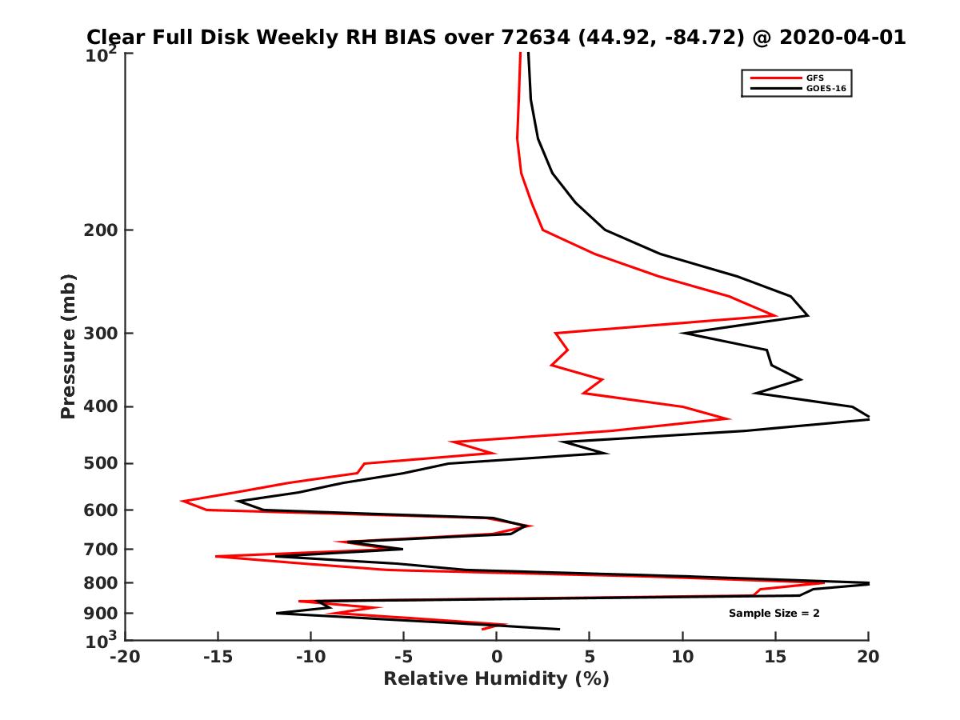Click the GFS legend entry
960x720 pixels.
click(815, 78)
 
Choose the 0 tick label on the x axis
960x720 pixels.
click(497, 657)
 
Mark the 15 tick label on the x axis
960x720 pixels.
click(775, 657)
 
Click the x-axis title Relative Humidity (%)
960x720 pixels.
click(496, 679)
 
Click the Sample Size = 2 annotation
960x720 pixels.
click(774, 614)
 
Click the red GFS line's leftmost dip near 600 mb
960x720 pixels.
click(182, 502)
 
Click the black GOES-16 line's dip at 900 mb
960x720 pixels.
click(277, 614)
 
